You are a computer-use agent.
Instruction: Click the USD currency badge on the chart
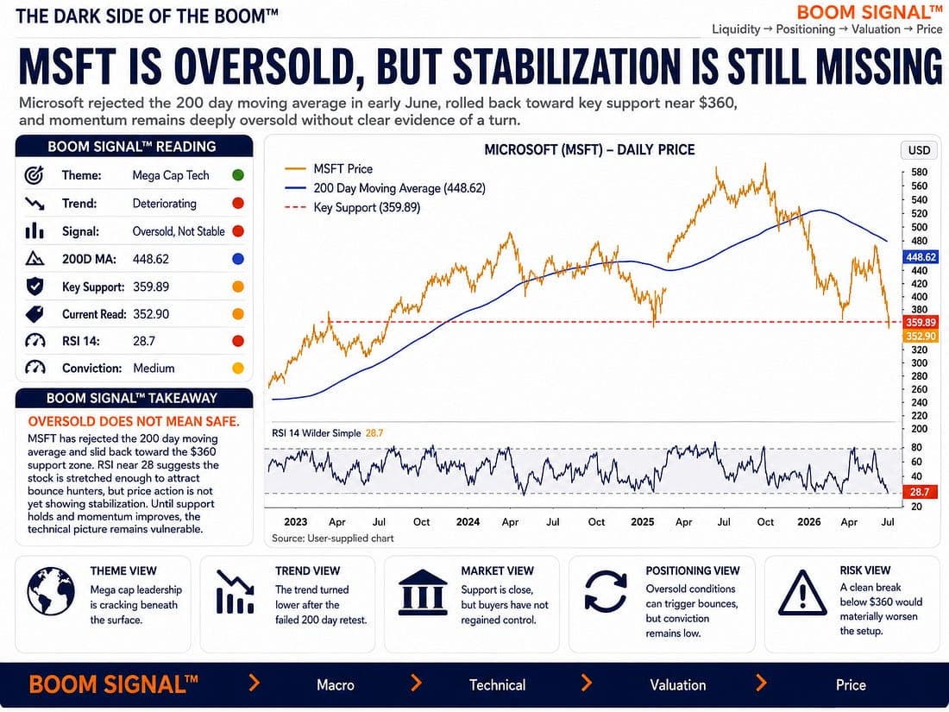920,150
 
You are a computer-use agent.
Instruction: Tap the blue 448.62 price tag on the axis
921,257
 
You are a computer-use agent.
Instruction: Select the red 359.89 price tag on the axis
921,323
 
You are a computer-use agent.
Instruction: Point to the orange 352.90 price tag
921,337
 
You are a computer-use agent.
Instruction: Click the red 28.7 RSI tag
920,492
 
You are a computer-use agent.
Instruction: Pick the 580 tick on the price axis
919,173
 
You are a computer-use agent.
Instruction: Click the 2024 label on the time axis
468,522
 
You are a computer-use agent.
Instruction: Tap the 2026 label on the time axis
809,522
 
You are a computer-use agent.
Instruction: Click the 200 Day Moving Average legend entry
384,188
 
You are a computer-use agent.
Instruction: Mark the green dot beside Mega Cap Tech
238,175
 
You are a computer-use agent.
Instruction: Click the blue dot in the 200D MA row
238,259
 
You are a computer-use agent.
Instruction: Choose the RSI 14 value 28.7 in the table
144,342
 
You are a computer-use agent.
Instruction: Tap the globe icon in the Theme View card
51,591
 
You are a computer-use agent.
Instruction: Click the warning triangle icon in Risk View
802,593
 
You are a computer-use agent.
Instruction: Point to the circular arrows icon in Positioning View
606,591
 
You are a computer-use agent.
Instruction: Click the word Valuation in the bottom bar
678,684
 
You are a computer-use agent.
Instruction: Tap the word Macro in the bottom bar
336,684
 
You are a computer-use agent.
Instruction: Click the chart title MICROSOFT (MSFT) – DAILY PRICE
589,150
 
